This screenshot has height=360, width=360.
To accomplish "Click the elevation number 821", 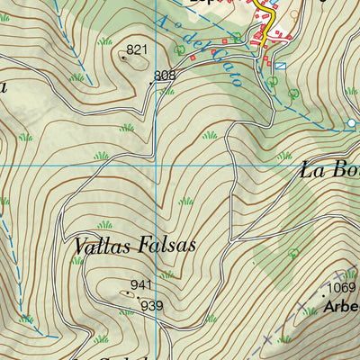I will click(137, 49).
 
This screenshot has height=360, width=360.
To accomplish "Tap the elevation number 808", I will click(166, 76).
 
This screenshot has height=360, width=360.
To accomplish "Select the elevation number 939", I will click(151, 306).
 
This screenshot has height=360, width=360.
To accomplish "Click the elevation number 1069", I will click(342, 288).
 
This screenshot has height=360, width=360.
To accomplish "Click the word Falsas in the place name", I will click(166, 245).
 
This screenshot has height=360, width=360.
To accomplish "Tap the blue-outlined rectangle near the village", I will click(280, 66).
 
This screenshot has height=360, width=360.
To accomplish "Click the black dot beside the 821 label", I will click(123, 56).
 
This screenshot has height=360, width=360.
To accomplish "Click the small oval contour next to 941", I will click(128, 292).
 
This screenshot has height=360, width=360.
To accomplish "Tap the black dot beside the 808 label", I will click(150, 81).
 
